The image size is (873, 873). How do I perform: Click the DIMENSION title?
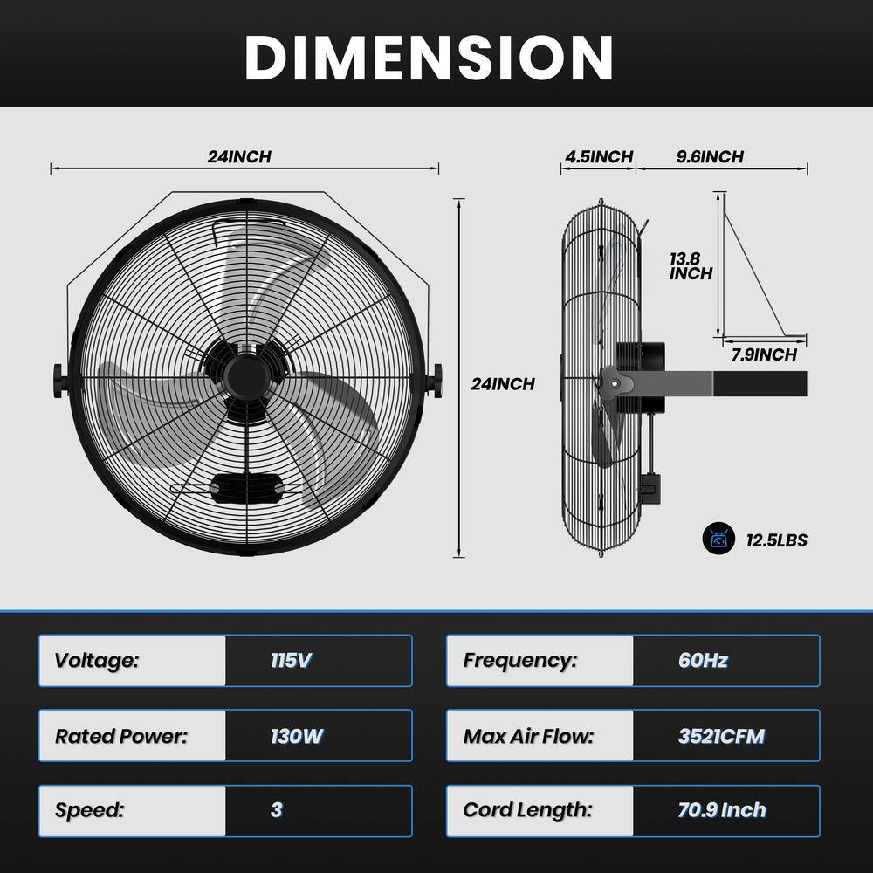[429, 58]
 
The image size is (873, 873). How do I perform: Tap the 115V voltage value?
[291, 660]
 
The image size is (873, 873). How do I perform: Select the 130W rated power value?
[296, 736]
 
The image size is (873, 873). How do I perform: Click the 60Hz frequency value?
[703, 660]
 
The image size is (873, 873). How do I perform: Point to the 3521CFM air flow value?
[721, 736]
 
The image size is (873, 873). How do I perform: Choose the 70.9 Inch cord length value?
[722, 810]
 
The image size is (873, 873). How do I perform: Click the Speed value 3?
[277, 809]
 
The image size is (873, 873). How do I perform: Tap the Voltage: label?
[96, 661]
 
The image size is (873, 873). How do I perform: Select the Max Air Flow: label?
[528, 736]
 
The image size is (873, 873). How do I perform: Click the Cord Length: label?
[527, 810]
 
